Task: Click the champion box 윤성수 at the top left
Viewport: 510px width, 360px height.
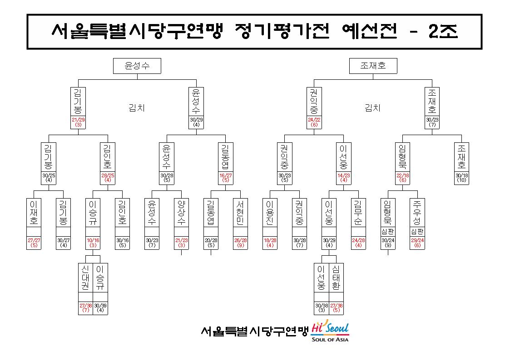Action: click(x=137, y=66)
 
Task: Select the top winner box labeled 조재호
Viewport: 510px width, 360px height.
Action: click(x=373, y=66)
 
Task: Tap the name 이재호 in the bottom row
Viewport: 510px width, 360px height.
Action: click(x=34, y=213)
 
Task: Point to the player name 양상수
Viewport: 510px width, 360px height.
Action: click(x=182, y=213)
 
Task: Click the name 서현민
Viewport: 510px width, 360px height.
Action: click(x=240, y=213)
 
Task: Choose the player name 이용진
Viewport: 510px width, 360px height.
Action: click(x=270, y=213)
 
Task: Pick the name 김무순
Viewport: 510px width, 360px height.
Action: click(x=358, y=213)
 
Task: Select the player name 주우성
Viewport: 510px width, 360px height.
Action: click(x=417, y=213)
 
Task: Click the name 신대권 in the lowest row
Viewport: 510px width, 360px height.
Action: click(x=85, y=277)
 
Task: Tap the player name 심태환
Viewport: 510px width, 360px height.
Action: click(x=337, y=277)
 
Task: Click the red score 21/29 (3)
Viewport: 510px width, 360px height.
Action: click(x=78, y=122)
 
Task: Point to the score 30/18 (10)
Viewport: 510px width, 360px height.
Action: click(x=461, y=178)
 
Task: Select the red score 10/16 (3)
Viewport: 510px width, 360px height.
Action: click(x=93, y=243)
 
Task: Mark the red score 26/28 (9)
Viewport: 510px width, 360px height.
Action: click(x=240, y=243)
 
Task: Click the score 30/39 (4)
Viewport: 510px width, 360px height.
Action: click(x=100, y=308)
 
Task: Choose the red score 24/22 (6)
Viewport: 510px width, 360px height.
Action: click(x=314, y=122)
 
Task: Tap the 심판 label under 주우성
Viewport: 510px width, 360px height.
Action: click(x=417, y=231)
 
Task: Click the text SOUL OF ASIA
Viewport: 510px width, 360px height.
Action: click(x=330, y=340)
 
